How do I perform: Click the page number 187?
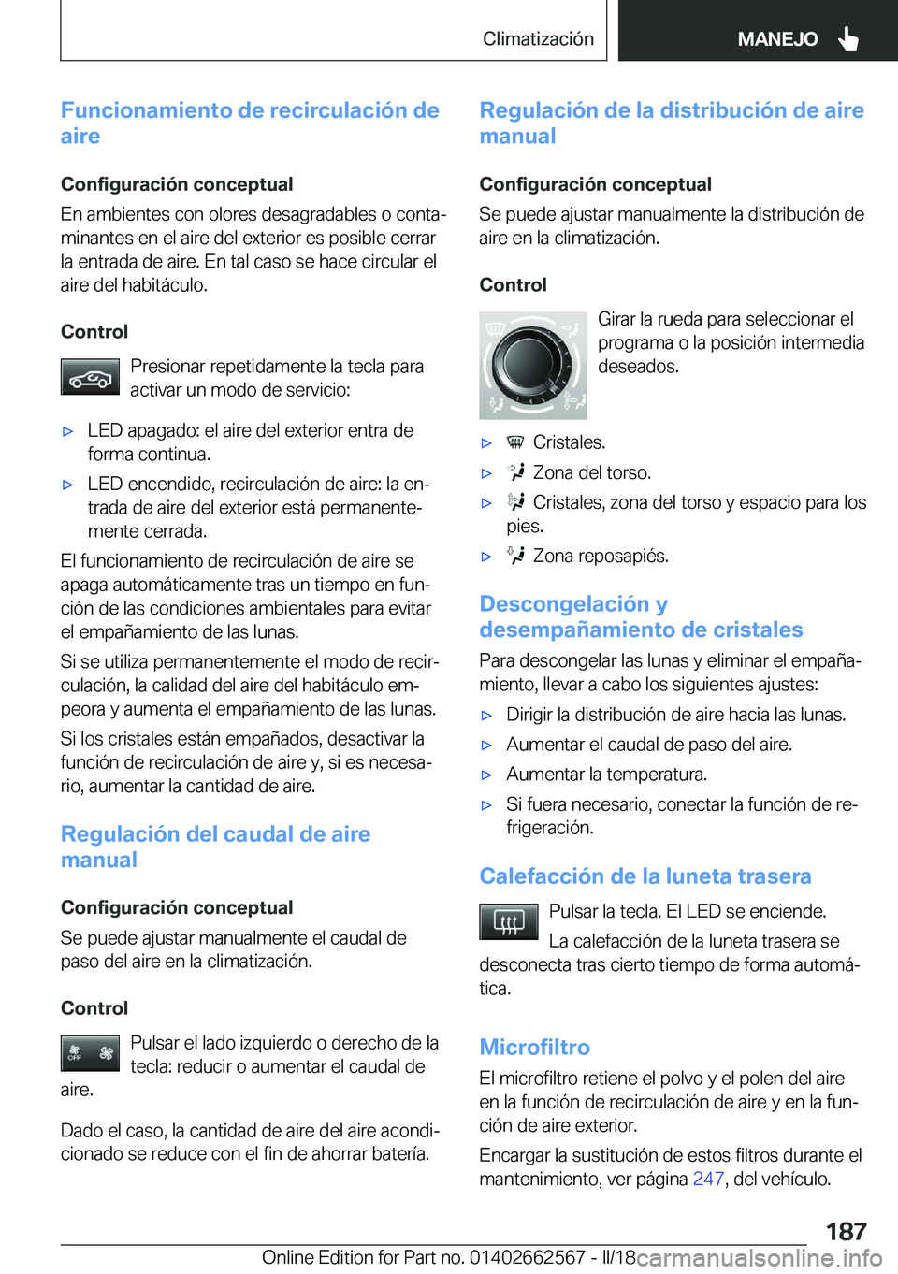(x=846, y=1231)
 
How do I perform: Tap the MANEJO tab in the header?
(x=777, y=39)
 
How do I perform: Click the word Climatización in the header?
(x=538, y=39)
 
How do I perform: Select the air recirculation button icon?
(x=90, y=377)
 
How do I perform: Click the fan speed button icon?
(x=90, y=1053)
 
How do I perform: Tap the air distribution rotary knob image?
(x=532, y=365)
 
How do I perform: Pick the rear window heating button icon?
(x=508, y=921)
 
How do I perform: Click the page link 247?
(x=708, y=1179)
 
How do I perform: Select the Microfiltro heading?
(x=534, y=1047)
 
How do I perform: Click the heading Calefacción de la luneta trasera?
(x=645, y=876)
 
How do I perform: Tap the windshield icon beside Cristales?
(x=515, y=442)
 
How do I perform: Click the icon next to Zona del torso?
(x=515, y=472)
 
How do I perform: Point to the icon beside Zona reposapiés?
(x=515, y=556)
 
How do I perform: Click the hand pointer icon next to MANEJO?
(x=848, y=38)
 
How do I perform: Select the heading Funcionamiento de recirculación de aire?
(x=250, y=123)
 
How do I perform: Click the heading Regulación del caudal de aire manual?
(x=215, y=847)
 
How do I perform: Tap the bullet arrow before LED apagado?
(x=67, y=431)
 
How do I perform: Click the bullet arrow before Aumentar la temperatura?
(x=486, y=775)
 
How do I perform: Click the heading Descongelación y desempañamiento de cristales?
(x=641, y=616)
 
